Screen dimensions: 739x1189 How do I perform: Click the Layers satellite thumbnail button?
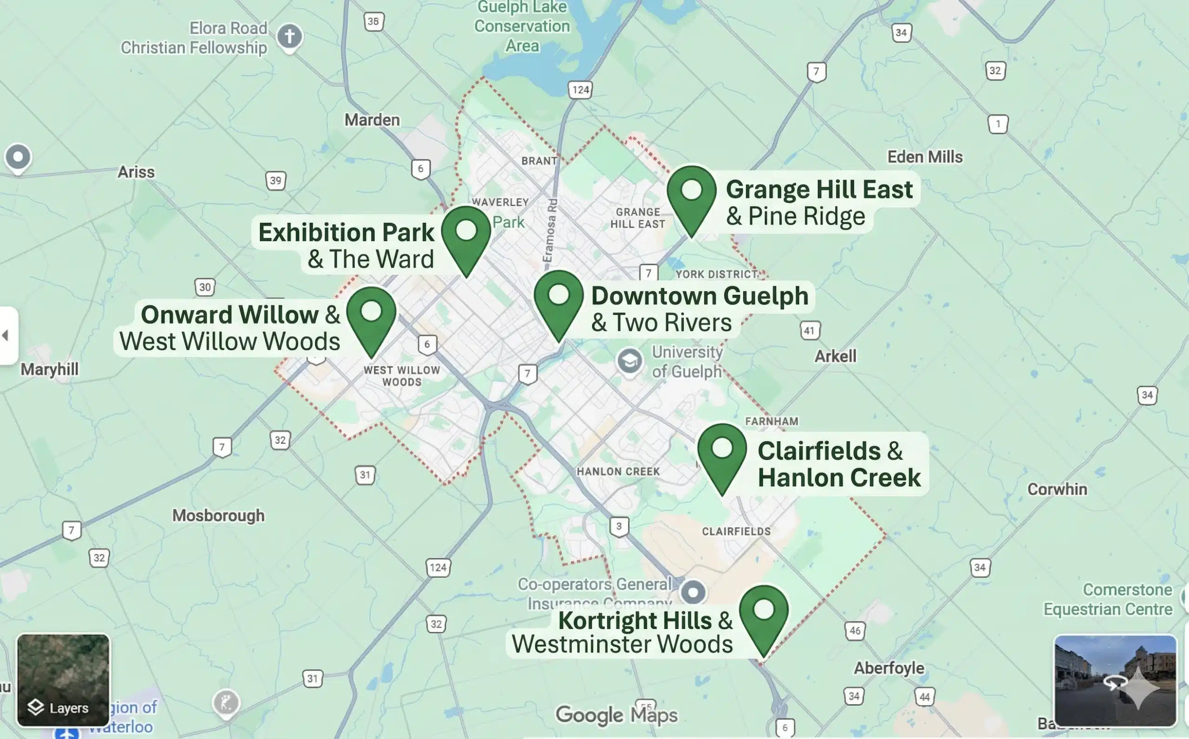tap(63, 680)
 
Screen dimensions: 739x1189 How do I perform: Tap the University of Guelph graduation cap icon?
tap(629, 361)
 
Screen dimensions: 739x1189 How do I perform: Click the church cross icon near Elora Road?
tap(289, 37)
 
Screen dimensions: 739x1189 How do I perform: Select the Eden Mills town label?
tap(925, 157)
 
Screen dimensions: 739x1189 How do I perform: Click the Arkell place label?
tap(835, 356)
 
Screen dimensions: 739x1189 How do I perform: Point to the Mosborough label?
tap(218, 515)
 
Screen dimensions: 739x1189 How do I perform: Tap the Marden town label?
tap(372, 120)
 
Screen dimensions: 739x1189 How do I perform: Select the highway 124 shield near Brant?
tap(580, 90)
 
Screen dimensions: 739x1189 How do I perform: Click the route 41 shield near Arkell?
tap(810, 331)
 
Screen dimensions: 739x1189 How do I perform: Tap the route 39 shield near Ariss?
tap(275, 181)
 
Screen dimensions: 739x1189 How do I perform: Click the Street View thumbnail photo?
tap(1115, 680)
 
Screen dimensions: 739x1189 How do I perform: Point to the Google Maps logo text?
tap(616, 715)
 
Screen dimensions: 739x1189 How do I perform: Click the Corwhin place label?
tap(1057, 489)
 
